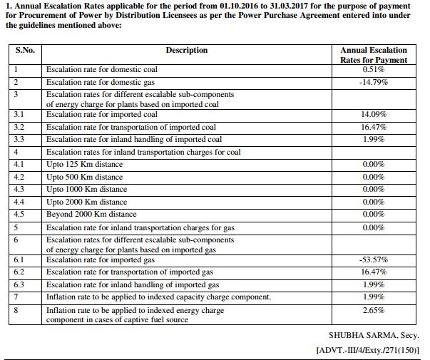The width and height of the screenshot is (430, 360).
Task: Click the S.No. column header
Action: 26,51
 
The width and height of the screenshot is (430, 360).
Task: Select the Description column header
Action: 186,51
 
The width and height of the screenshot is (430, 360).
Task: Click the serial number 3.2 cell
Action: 19,127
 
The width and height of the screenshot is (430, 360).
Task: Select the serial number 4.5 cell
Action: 19,214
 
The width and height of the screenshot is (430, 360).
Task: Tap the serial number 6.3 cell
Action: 19,284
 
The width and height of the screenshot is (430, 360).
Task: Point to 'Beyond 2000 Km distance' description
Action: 91,214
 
